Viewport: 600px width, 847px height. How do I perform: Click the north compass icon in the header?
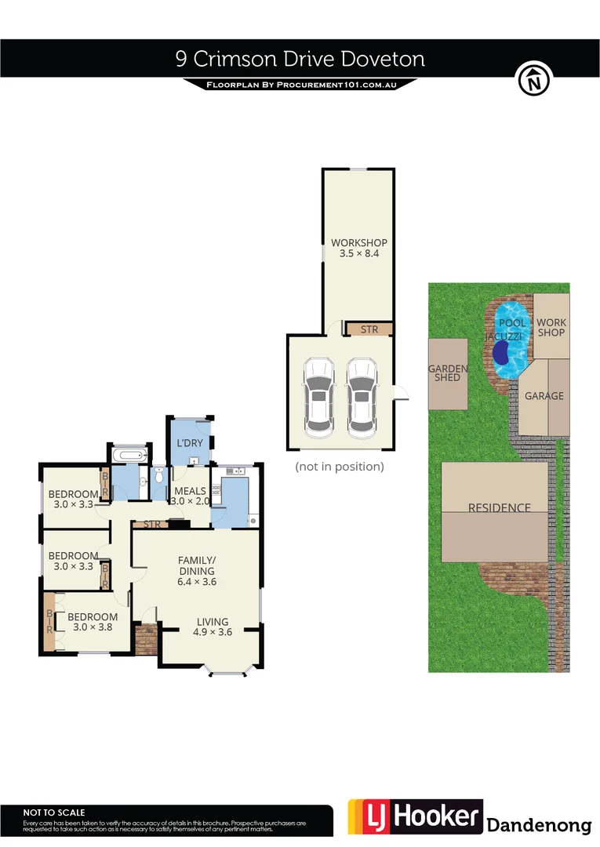pos(534,79)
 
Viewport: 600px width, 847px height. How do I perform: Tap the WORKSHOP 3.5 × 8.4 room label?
pos(359,248)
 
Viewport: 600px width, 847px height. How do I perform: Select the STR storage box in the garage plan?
pos(369,329)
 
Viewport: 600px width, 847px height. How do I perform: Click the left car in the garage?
pos(319,397)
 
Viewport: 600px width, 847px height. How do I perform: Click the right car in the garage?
pos(362,397)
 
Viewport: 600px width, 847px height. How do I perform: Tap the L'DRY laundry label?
pos(190,443)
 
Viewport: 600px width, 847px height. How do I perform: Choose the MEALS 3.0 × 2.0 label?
pos(189,496)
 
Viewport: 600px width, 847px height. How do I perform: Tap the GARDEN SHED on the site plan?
pos(448,373)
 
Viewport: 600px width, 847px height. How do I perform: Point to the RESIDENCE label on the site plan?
pos(499,507)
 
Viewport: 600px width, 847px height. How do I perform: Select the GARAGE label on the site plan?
pos(544,395)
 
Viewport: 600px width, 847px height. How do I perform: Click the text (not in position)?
pos(339,466)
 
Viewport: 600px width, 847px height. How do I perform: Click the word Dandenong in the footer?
pos(539,825)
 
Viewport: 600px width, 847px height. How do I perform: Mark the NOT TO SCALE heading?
pos(54,812)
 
